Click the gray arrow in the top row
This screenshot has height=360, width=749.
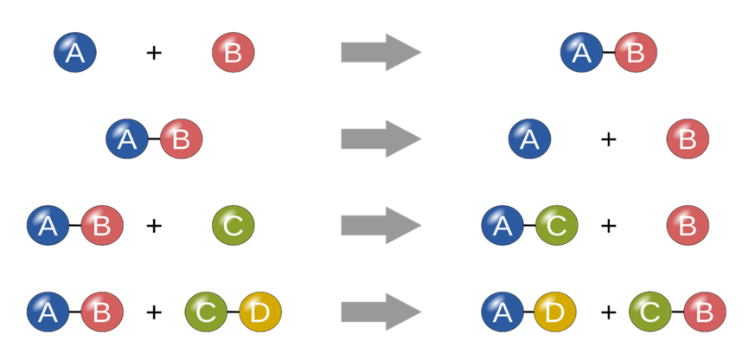pos(381,53)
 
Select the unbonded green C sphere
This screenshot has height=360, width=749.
pos(233,227)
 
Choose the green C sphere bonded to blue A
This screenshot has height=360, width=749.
pos(556,227)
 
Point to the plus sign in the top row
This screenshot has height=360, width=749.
pos(154,53)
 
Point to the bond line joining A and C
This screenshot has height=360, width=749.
pos(529,227)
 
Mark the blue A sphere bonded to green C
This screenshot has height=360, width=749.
pos(503,227)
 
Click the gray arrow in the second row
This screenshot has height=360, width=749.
pos(381,138)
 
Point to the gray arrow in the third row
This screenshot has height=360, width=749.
pos(381,227)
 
